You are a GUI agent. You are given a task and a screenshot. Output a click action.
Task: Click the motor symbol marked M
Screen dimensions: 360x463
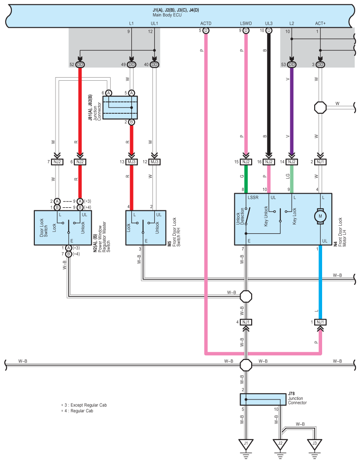tap(320, 216)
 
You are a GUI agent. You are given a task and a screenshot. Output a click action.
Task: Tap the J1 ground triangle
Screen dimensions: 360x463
tap(246, 444)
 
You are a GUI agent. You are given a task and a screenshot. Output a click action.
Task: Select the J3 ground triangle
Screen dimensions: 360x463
tap(314, 444)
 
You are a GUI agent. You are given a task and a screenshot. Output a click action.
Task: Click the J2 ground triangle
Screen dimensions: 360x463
tap(280, 444)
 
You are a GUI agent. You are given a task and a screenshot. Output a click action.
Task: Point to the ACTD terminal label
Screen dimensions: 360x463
tap(206, 23)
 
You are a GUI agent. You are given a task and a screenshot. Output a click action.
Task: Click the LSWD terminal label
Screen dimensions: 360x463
tap(246, 23)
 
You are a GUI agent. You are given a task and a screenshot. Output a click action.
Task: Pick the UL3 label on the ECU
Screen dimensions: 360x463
tap(268, 23)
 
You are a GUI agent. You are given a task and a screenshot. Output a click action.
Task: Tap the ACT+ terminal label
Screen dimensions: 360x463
tap(320, 23)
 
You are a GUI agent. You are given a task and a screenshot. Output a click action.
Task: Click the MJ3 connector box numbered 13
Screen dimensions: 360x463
tap(132, 162)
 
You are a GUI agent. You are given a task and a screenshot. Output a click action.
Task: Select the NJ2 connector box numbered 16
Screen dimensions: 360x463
tap(268, 162)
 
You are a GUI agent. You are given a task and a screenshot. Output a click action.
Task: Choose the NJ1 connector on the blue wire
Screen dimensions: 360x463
tap(320, 322)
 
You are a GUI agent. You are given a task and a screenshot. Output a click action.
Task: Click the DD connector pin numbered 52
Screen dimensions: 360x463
tap(80, 65)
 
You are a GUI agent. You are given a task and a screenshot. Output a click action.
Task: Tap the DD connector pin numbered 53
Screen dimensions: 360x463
tap(292, 65)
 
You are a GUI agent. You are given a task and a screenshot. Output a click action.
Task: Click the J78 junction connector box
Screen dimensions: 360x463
tap(263, 400)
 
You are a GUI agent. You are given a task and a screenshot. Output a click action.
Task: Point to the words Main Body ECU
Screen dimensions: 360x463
tap(167, 15)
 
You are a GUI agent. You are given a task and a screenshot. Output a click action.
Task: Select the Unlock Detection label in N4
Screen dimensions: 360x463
tap(240, 217)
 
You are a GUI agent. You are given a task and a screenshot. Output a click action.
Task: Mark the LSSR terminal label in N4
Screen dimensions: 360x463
tap(253, 198)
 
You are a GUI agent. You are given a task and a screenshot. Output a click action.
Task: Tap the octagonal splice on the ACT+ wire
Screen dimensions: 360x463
tap(320, 108)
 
